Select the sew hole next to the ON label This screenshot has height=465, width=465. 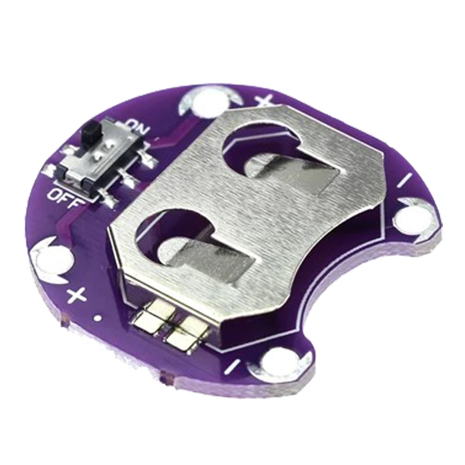pos(203,102)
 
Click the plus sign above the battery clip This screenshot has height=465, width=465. pos(264,101)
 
